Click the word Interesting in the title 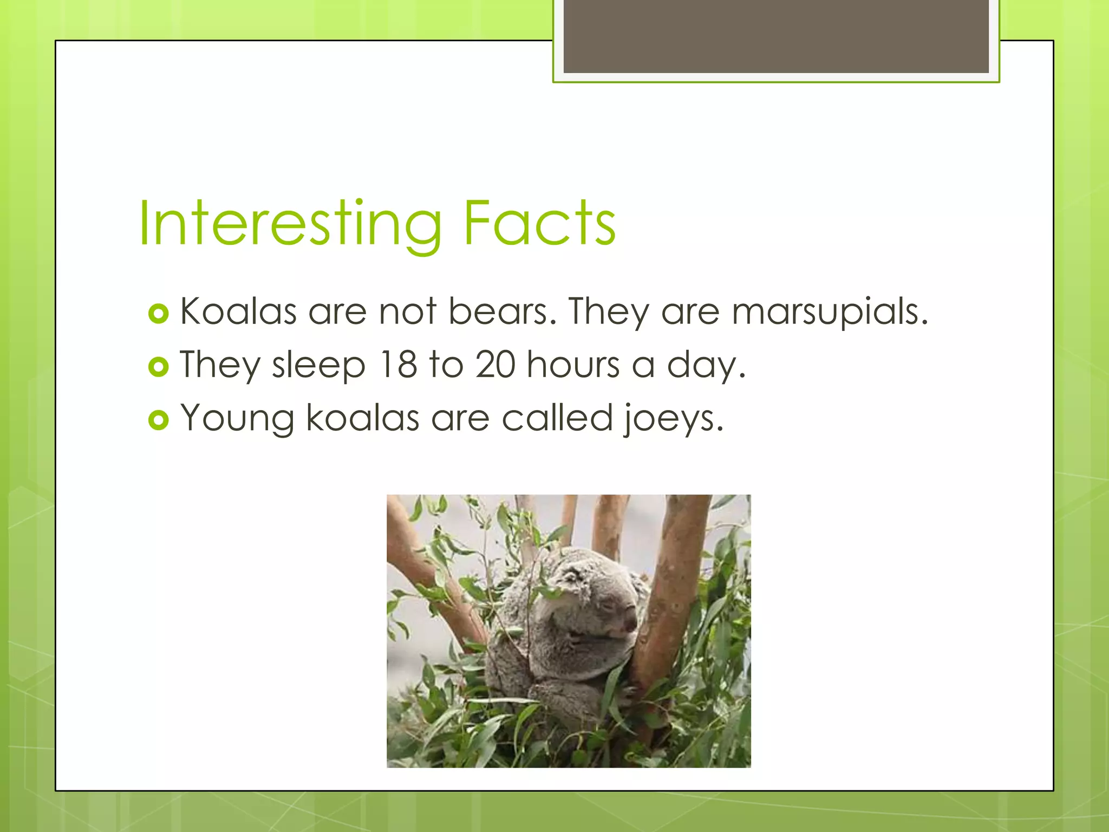pos(290,224)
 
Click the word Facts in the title pos(539,223)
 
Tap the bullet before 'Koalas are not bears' pos(158,314)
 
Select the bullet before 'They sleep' pos(158,367)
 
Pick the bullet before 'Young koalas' pos(158,420)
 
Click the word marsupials pos(830,313)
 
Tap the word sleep pos(318,366)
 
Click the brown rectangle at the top pos(775,36)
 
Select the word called pos(557,418)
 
